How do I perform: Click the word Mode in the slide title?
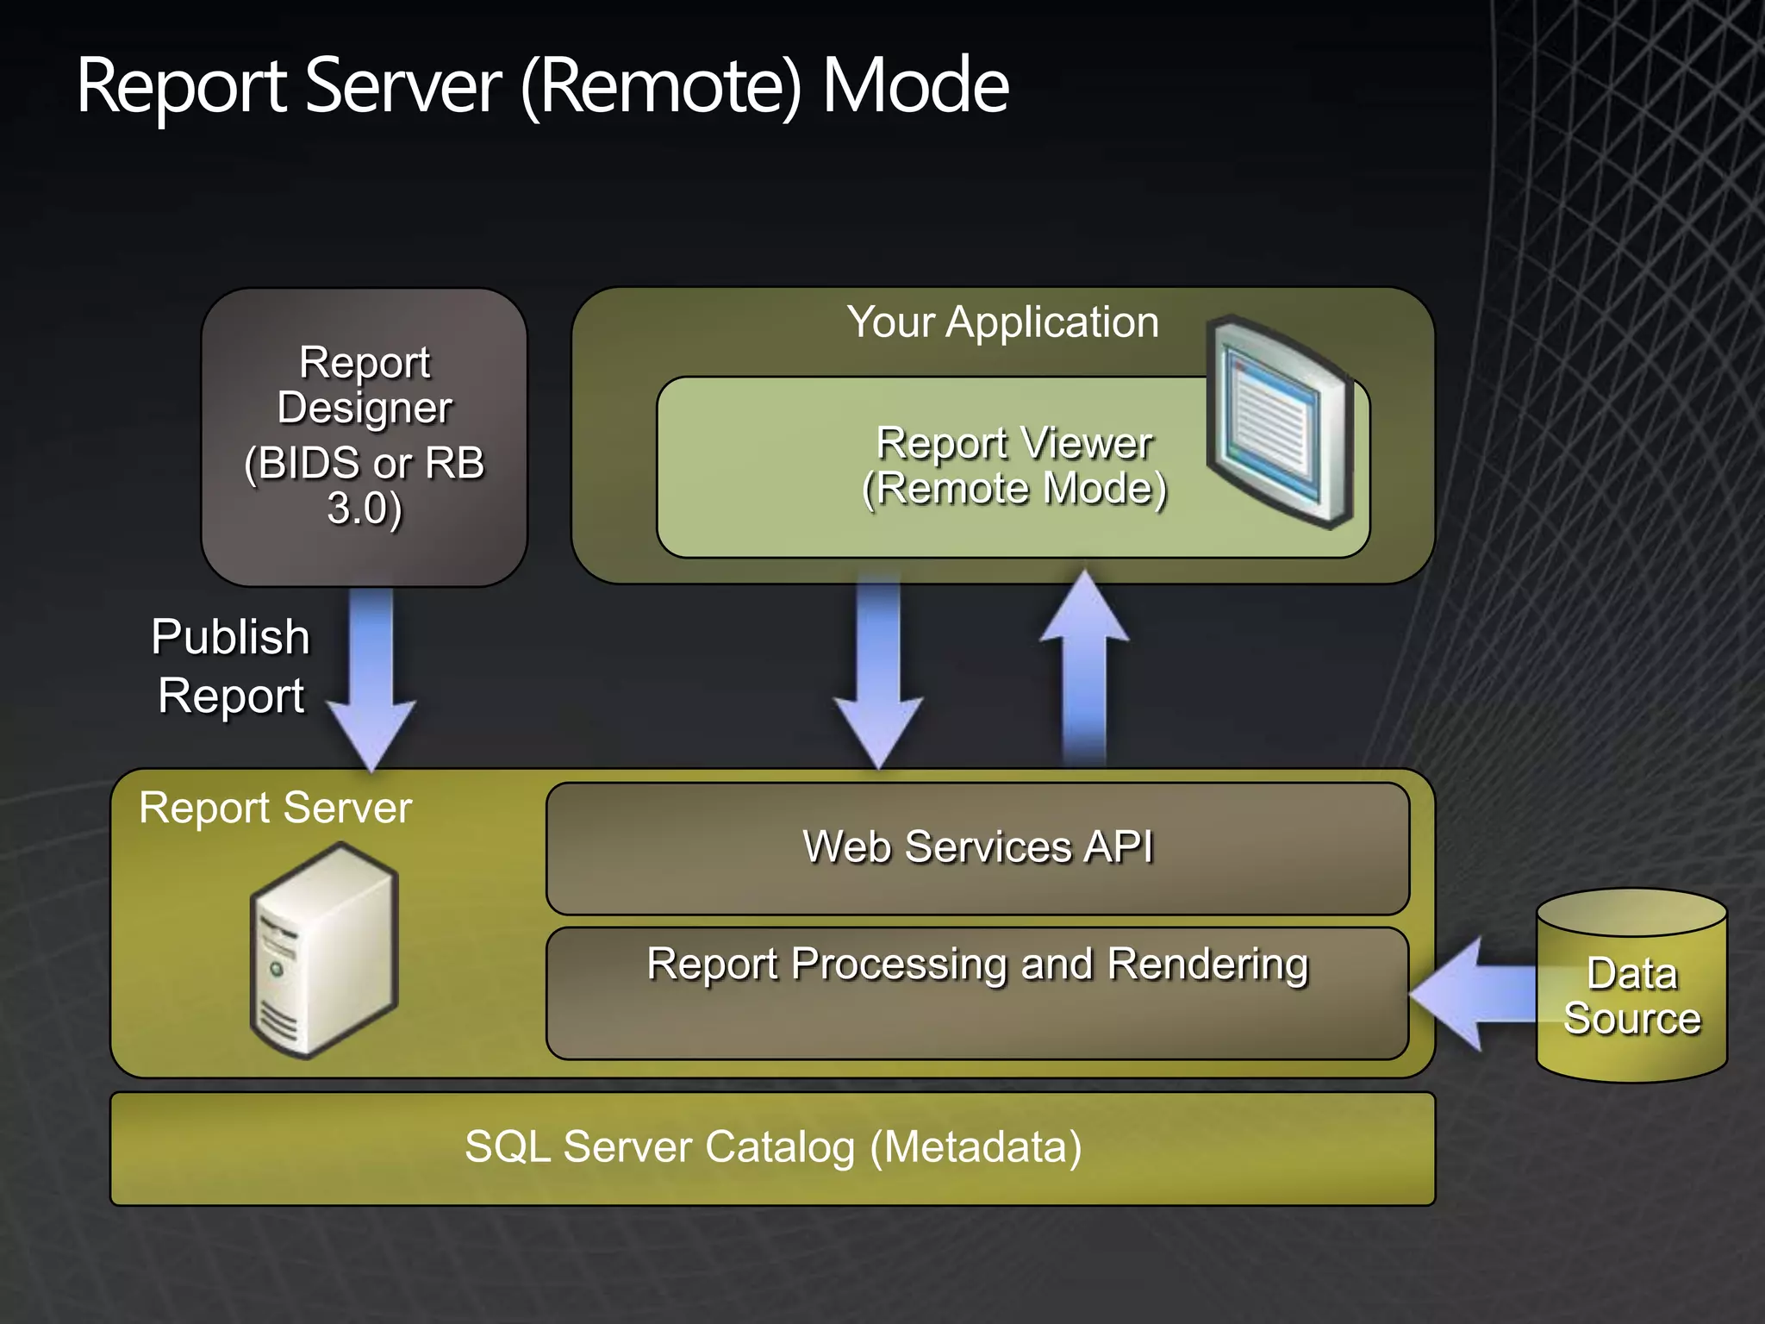click(915, 86)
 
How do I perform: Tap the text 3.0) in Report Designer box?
click(365, 509)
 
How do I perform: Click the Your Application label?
click(1002, 322)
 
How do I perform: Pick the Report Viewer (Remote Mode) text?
click(1013, 466)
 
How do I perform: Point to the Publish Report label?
click(230, 666)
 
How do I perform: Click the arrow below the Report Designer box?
click(371, 677)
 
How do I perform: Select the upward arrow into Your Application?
click(1084, 668)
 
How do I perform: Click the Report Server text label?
click(276, 809)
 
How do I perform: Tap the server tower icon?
click(324, 951)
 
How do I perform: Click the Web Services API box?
click(977, 848)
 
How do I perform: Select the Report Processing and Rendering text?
click(977, 965)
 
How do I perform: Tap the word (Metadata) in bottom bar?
click(976, 1147)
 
